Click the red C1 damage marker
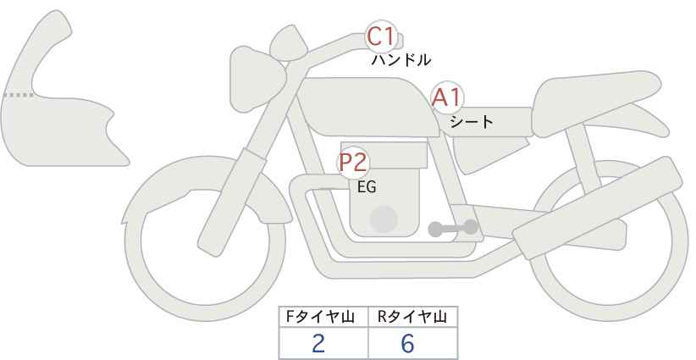[x=381, y=38]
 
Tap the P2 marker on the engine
[x=353, y=163]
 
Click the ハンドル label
[x=401, y=60]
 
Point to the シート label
[x=472, y=122]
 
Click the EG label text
[x=367, y=187]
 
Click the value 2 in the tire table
[x=318, y=343]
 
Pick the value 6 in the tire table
[x=407, y=343]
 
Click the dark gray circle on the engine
[x=385, y=219]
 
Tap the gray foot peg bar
[x=453, y=227]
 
